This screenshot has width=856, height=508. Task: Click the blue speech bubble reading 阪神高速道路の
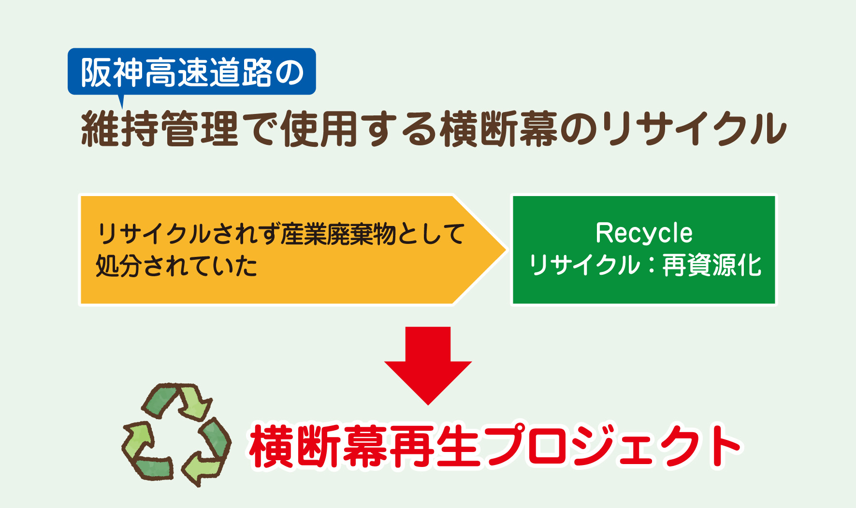coord(192,71)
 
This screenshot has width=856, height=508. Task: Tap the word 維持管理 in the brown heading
coord(160,128)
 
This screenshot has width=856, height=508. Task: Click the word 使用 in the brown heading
coord(319,128)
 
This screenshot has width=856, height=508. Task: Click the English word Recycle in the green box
coord(644,233)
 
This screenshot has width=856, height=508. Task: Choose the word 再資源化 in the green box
coord(712,265)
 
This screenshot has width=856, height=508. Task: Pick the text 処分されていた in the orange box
coord(176,266)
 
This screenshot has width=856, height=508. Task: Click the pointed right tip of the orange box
coord(506,250)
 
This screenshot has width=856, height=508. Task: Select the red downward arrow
coord(428,365)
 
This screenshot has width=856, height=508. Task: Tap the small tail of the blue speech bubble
coord(121,100)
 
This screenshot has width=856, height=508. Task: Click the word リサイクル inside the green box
coord(584,265)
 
